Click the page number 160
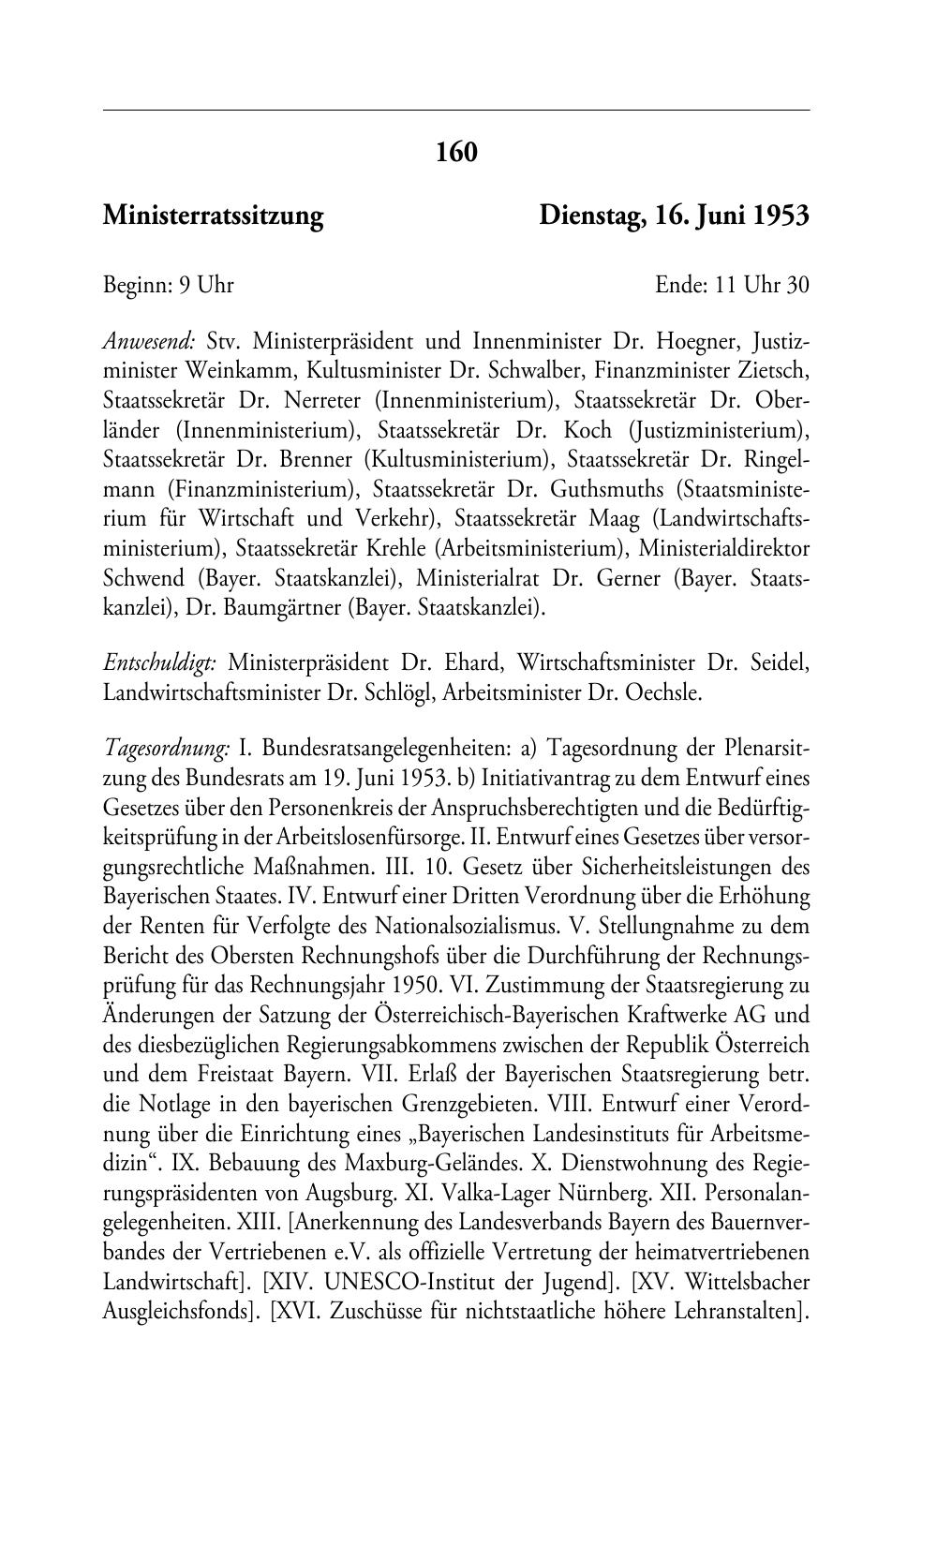[456, 152]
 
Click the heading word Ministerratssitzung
[213, 216]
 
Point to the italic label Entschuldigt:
[160, 663]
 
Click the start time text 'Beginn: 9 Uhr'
[168, 285]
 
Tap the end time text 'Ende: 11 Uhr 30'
[732, 285]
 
